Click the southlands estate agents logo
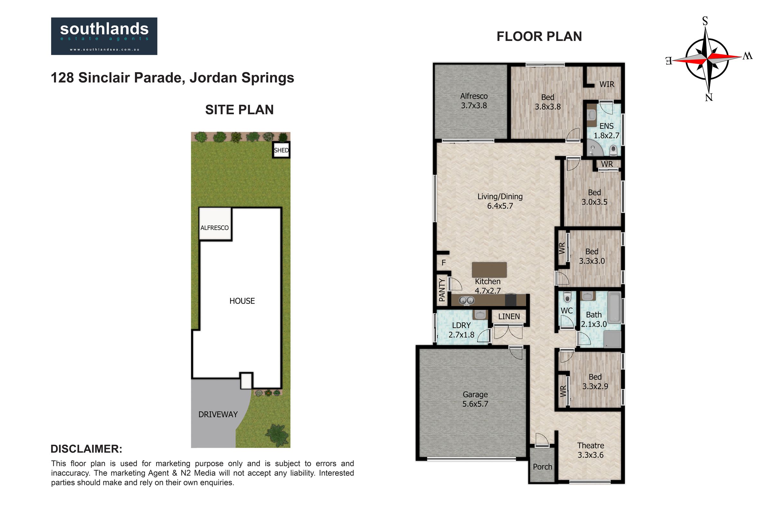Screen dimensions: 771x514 [104, 36]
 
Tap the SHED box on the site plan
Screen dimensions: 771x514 [281, 150]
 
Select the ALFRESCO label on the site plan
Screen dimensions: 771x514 [214, 228]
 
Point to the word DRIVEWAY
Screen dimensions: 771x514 [218, 414]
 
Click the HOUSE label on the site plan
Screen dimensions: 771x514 [242, 301]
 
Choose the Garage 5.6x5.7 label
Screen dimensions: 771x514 [475, 399]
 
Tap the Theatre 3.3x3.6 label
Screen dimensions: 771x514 [590, 450]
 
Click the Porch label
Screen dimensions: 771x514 [543, 467]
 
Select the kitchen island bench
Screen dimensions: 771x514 [489, 270]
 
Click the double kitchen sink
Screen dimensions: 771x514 [466, 300]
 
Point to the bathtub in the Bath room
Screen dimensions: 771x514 [615, 307]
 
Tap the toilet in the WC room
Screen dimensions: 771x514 [567, 297]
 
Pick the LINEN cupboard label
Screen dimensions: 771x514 [509, 317]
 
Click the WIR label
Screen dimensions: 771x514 [607, 84]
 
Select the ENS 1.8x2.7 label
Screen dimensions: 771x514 [607, 131]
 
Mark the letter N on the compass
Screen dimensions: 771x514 [709, 97]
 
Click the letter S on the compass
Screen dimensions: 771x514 [705, 21]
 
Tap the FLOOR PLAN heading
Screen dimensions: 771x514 [539, 36]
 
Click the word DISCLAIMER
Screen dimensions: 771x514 [86, 449]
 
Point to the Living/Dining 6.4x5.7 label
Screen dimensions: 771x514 [500, 201]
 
